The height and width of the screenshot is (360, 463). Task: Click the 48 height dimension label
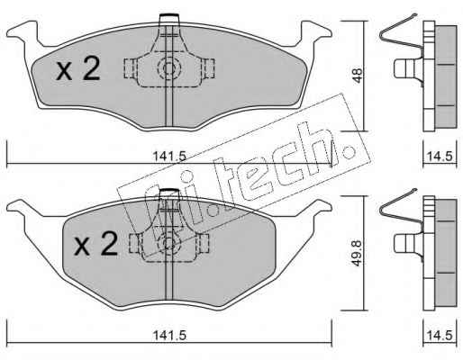click(358, 76)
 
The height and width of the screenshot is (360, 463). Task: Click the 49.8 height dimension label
click(357, 253)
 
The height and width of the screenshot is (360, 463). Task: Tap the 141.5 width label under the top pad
click(169, 157)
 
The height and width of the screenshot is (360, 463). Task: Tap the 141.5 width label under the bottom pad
click(169, 335)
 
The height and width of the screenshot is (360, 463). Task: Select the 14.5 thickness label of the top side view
click(440, 157)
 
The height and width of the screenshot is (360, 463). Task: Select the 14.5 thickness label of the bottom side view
click(440, 335)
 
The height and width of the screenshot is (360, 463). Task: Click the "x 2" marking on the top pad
click(78, 69)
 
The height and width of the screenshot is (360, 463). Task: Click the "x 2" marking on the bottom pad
click(95, 245)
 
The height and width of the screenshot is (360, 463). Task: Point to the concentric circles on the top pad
click(169, 68)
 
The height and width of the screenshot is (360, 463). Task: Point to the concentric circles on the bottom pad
click(169, 242)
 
